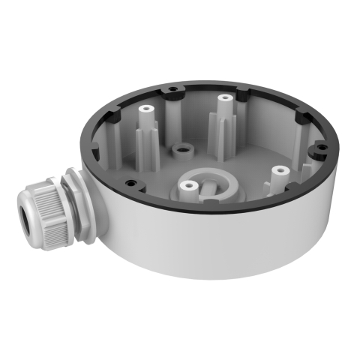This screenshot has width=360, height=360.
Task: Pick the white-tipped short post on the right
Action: click(x=279, y=172)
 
